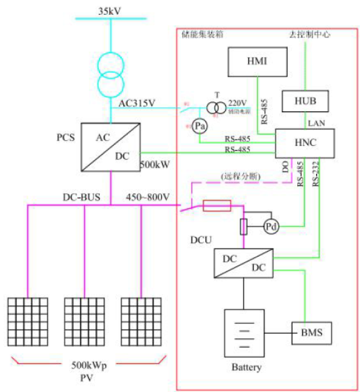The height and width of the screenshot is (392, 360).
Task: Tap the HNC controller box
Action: [x=304, y=143]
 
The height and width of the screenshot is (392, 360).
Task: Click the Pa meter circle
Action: [x=200, y=127]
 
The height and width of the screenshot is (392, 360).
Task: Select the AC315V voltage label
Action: [x=136, y=103]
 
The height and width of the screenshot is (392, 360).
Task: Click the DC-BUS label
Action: [x=81, y=197]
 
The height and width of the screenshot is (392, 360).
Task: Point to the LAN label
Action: [x=317, y=123]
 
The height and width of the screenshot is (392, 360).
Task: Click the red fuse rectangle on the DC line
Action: [x=217, y=206]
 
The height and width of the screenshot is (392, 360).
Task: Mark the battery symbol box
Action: [x=244, y=333]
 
